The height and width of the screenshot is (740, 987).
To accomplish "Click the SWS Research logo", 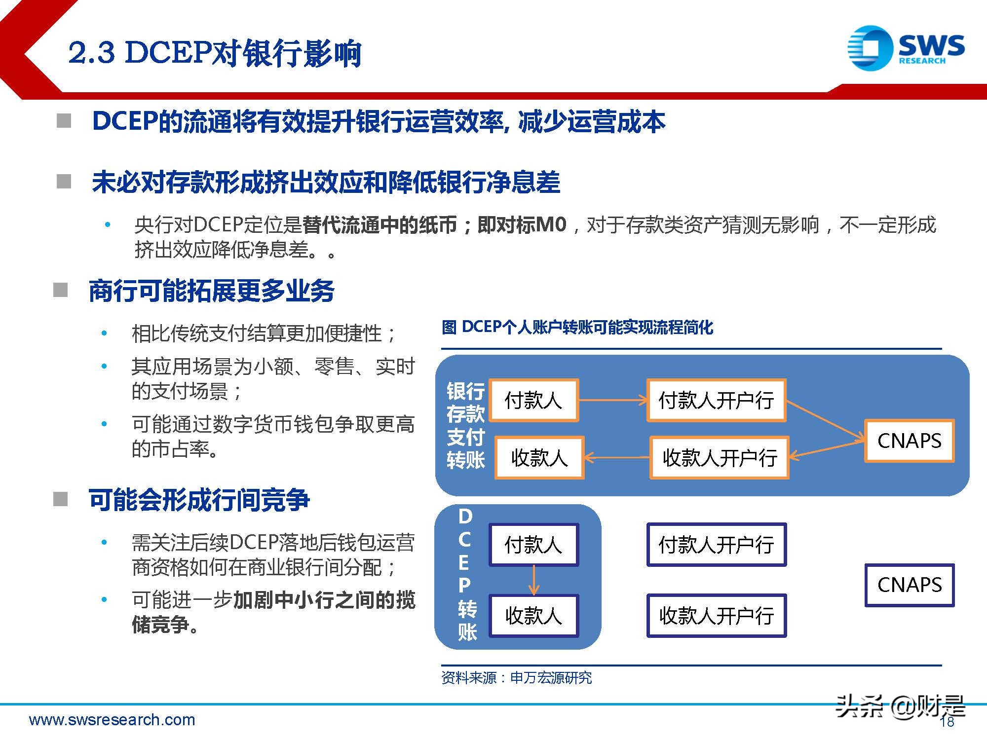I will (906, 48).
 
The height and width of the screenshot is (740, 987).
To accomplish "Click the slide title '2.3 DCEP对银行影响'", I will (215, 53).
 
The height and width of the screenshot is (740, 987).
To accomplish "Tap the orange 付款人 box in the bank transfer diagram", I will (534, 400).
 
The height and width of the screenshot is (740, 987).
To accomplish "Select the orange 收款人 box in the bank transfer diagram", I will (539, 458).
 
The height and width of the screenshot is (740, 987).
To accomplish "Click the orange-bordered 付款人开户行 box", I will (716, 400).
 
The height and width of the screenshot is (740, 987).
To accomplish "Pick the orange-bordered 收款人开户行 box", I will (719, 458).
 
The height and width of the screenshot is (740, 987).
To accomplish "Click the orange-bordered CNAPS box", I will (909, 441).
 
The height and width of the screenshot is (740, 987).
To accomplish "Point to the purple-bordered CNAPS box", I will (909, 585).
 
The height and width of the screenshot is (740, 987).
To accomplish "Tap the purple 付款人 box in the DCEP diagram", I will (533, 545).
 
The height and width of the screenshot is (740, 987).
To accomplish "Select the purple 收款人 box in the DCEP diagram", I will (533, 616).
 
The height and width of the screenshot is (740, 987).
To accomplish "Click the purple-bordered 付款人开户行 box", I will (716, 545).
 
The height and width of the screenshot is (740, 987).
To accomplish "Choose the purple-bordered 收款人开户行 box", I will (716, 616).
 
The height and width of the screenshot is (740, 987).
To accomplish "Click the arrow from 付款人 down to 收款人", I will (534, 580).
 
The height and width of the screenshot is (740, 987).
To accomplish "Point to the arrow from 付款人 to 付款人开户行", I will (612, 400).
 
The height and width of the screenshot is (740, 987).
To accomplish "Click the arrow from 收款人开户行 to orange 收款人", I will (617, 458).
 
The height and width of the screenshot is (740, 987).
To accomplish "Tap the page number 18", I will (947, 722).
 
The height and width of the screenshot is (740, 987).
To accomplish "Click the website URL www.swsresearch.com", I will (112, 720).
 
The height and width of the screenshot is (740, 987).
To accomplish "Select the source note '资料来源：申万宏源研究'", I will (516, 678).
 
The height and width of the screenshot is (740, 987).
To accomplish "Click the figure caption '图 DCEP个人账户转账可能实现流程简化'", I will (577, 327).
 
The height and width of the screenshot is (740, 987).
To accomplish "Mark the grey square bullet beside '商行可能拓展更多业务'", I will (60, 290).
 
